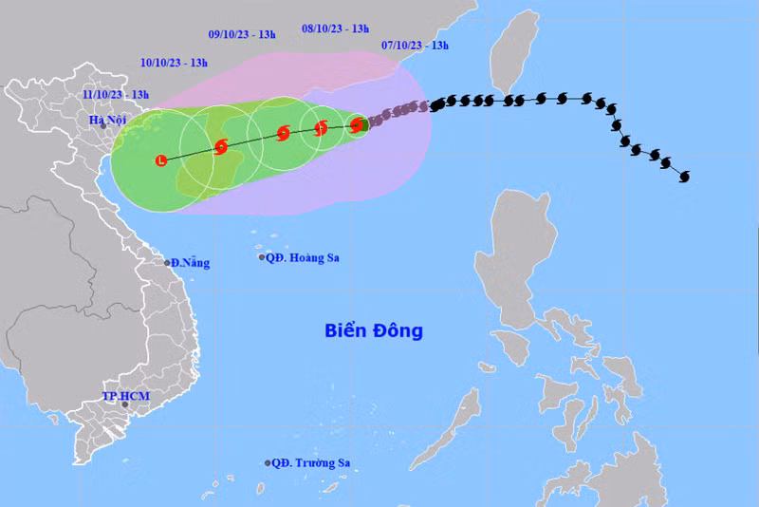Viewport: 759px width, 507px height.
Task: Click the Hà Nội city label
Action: [107, 119]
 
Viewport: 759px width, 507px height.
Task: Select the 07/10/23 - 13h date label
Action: [415, 45]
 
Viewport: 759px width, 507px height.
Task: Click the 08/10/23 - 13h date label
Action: [335, 28]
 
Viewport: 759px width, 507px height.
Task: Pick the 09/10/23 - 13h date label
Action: [242, 35]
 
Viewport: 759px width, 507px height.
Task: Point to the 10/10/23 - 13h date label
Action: [174, 63]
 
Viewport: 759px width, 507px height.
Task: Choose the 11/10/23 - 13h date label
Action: [116, 94]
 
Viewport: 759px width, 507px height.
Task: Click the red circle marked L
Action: [162, 160]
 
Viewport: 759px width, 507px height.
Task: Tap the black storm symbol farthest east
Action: [684, 176]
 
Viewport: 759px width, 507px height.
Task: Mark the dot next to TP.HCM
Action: [124, 404]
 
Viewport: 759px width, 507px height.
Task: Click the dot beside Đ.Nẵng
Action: [168, 263]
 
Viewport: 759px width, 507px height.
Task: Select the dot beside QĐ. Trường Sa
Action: [268, 463]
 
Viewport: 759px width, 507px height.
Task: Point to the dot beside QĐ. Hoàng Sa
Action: [262, 257]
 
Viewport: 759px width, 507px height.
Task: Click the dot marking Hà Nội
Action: [103, 126]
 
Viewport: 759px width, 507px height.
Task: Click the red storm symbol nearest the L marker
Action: [221, 146]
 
